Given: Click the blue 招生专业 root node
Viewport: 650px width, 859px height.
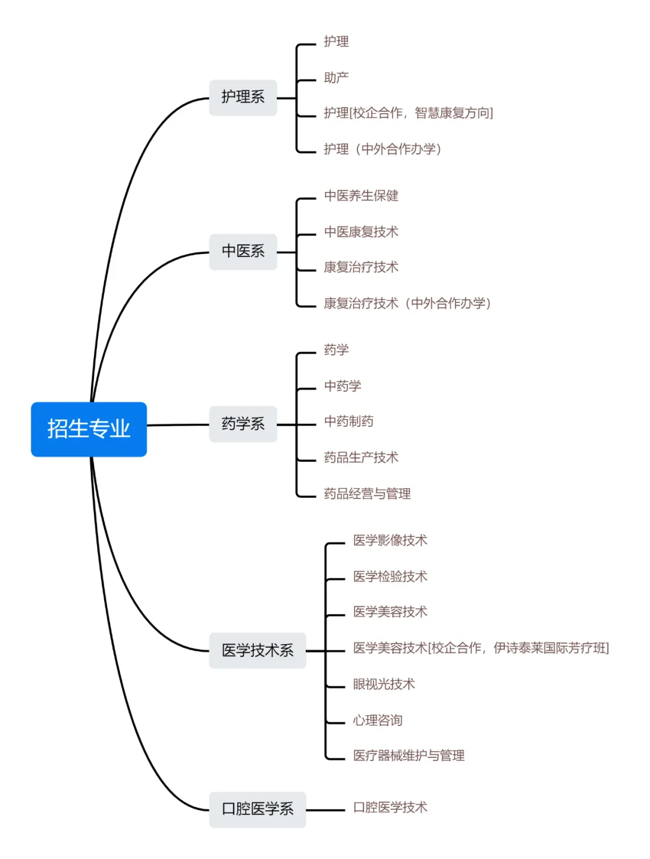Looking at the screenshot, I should click(89, 429).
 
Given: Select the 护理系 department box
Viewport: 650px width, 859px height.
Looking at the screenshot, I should click(243, 97).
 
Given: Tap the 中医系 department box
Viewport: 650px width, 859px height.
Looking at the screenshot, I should click(243, 251).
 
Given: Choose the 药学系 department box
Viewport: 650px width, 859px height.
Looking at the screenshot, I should click(243, 424).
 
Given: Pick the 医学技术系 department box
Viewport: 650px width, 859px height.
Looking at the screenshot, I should click(258, 650).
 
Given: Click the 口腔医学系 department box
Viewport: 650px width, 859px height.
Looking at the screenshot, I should click(258, 809).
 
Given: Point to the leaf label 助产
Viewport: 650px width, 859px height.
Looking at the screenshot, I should click(336, 78).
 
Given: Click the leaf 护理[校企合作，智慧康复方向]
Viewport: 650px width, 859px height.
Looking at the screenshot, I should click(408, 113).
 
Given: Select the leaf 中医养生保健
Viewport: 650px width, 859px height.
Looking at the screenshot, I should click(361, 196).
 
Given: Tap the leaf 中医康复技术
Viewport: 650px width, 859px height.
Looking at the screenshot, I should click(361, 232).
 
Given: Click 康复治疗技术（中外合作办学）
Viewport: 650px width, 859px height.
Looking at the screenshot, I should click(407, 303).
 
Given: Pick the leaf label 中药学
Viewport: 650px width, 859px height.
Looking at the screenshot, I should click(342, 386).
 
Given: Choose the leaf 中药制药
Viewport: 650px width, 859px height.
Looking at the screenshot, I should click(348, 421).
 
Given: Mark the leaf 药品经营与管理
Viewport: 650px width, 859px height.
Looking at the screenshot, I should click(367, 494).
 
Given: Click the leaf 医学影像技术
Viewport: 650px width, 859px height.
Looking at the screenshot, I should click(390, 541).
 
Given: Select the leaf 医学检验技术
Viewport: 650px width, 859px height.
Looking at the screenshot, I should click(390, 577).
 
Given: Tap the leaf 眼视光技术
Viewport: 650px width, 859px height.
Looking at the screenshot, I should click(384, 684).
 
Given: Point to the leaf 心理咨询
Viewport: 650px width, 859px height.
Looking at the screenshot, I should click(377, 721).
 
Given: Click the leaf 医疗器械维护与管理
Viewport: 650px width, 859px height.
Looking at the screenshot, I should click(409, 755).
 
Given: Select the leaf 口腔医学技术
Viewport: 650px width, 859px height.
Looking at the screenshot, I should click(390, 808).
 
